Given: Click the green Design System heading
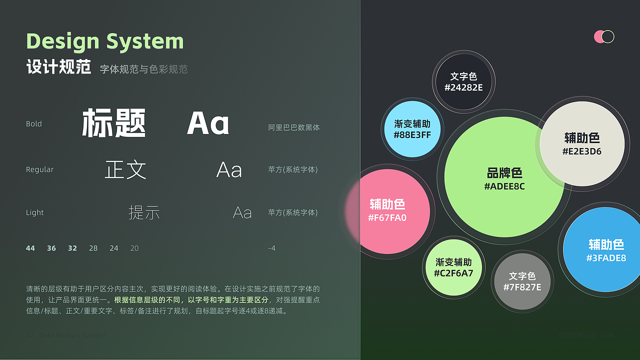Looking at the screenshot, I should click(105, 41).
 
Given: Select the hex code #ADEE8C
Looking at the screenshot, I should click(504, 186).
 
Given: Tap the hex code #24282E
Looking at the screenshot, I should click(463, 87).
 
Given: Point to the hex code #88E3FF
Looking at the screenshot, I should click(412, 135).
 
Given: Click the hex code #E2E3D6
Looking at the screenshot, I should click(582, 151).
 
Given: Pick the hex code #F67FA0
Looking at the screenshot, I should click(387, 217).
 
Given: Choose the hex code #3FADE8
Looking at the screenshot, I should click(606, 258).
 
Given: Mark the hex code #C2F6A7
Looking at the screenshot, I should click(453, 273).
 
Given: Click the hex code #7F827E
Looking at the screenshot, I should click(522, 287).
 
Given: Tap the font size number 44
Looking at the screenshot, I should click(30, 248).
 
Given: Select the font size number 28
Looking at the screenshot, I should click(93, 248).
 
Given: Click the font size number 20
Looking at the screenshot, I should click(134, 248).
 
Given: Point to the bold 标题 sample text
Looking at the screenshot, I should click(114, 123).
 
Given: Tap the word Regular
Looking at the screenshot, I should click(39, 170).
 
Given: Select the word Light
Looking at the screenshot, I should click(35, 213).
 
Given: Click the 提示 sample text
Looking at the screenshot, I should click(144, 212).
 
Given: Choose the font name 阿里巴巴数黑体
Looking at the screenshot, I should click(294, 127).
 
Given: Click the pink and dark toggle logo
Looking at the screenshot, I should click(604, 36).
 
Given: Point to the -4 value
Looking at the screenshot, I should click(271, 248).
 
